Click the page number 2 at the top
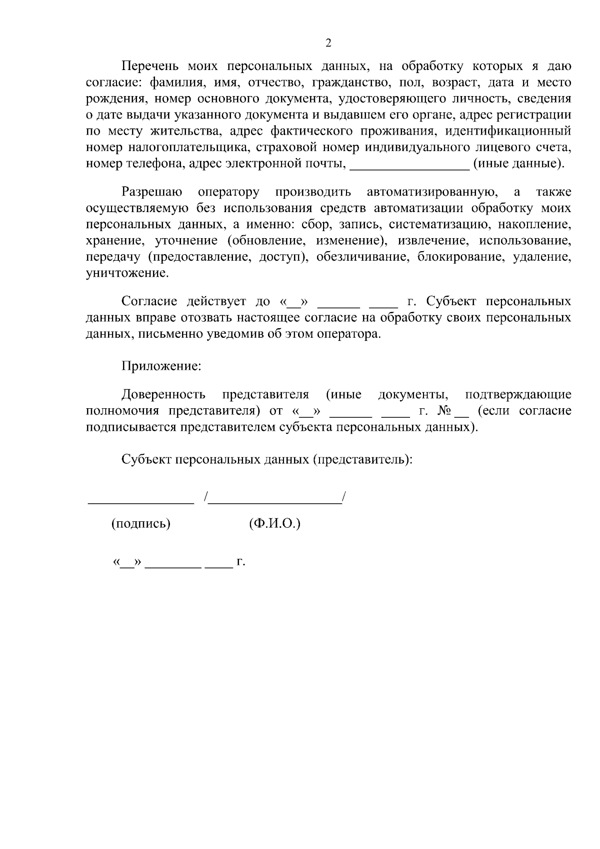328,43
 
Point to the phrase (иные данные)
518,164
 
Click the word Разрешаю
152,192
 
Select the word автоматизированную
431,192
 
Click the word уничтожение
127,274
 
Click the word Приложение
161,366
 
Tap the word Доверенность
163,394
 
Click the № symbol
445,411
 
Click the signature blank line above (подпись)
140,501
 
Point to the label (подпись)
140,524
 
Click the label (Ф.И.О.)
274,524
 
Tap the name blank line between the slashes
275,501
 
